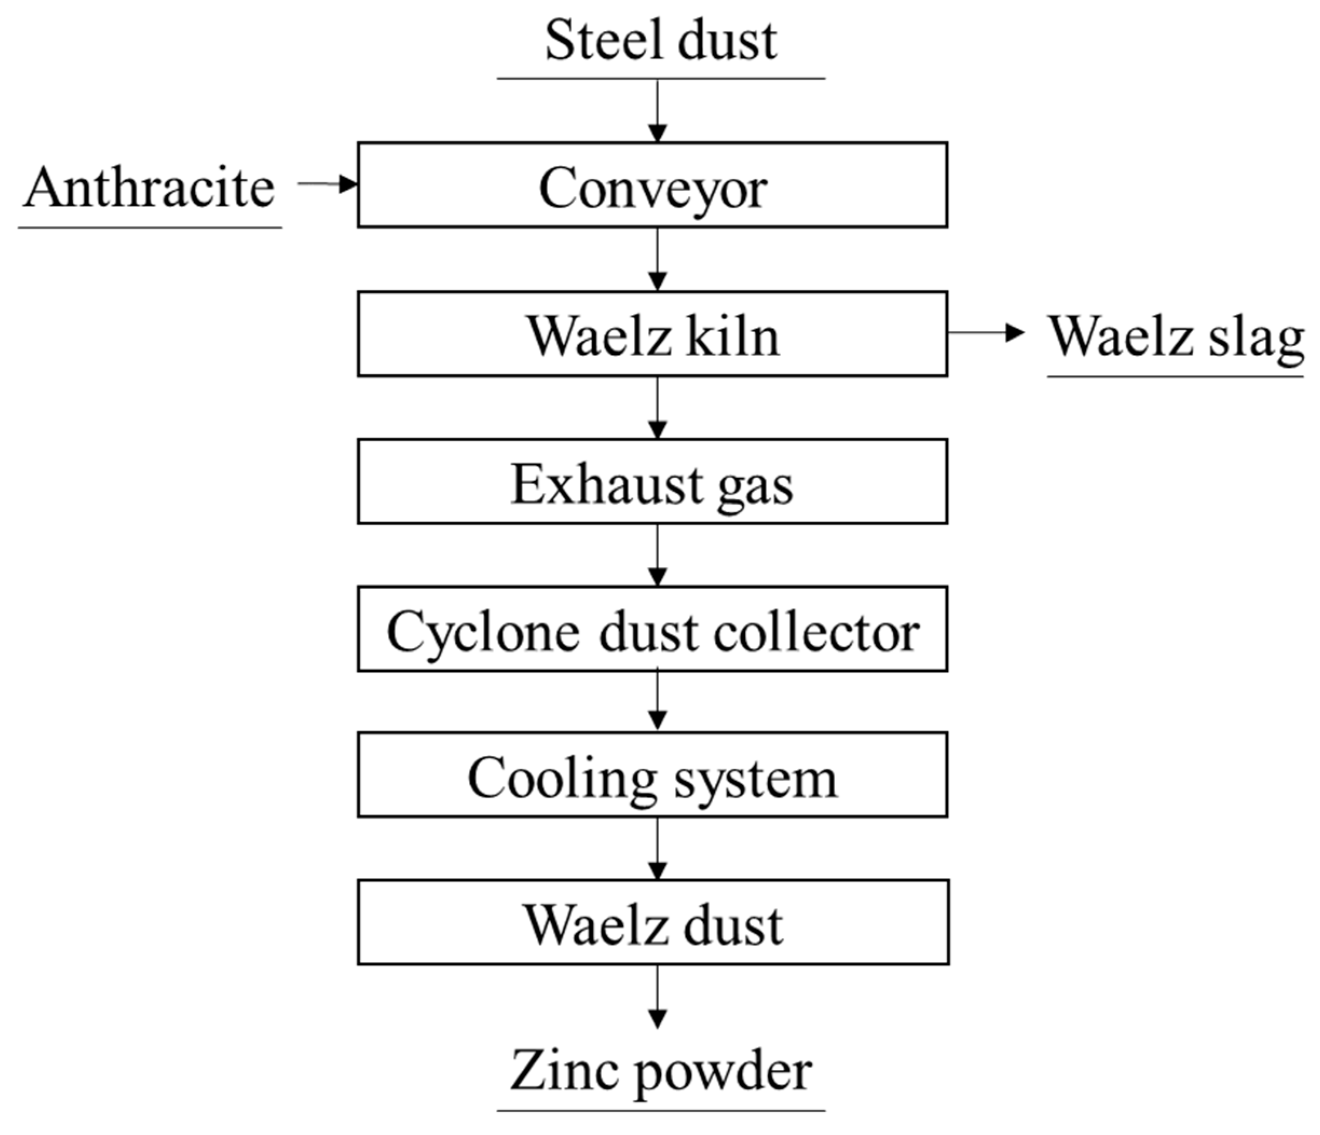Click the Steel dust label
click(661, 42)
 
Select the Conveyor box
click(652, 185)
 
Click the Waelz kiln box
click(652, 334)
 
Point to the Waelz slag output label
click(1176, 337)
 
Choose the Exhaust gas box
click(652, 481)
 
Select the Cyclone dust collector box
click(652, 629)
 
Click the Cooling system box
click(652, 775)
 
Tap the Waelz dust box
click(652, 923)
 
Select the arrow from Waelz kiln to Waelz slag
click(985, 333)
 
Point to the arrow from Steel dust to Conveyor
click(658, 112)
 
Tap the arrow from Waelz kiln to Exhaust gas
click(658, 408)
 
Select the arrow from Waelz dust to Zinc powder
click(658, 997)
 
